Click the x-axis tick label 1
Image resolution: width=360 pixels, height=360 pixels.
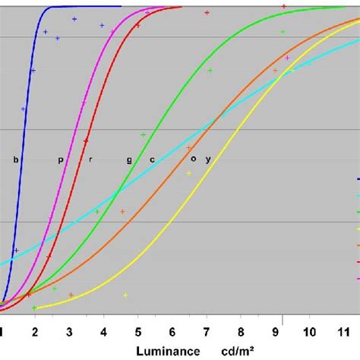[2, 331]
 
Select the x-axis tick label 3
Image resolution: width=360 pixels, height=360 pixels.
[69, 331]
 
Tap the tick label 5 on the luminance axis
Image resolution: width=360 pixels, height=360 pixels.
[137, 331]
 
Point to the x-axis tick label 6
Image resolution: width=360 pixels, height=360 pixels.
[172, 331]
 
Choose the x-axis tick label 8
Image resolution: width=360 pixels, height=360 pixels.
[241, 331]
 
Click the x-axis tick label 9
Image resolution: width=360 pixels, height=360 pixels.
[275, 331]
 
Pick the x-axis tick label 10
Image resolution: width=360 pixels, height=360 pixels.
[309, 331]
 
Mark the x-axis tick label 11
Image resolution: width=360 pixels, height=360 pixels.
[343, 331]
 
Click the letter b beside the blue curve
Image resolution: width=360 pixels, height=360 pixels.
[15, 159]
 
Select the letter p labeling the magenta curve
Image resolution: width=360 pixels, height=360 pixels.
[61, 160]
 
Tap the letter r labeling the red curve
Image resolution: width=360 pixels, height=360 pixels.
[90, 159]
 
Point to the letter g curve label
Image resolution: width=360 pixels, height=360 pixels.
[129, 160]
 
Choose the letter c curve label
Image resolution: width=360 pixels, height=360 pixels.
[152, 159]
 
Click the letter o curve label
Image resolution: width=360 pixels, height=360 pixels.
[193, 159]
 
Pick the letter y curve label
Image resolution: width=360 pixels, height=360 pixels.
[208, 159]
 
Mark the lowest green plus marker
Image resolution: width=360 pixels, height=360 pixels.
[35, 308]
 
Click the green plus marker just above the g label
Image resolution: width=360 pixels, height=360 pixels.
[143, 134]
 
